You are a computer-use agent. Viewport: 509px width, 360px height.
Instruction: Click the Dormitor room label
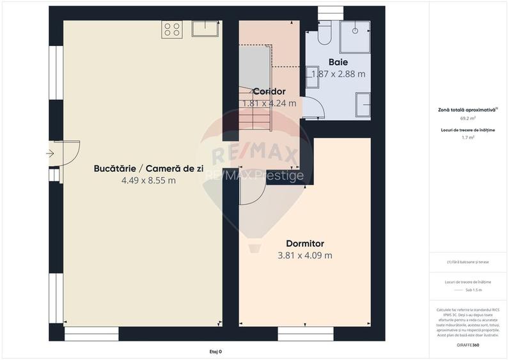click(305, 244)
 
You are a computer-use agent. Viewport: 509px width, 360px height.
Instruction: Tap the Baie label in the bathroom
click(338, 62)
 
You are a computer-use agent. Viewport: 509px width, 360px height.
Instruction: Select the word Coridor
click(269, 91)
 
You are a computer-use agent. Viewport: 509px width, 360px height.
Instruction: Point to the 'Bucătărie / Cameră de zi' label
click(148, 168)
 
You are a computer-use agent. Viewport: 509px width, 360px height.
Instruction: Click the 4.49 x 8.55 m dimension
click(148, 180)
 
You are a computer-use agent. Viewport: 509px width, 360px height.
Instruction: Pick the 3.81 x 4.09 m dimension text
click(305, 256)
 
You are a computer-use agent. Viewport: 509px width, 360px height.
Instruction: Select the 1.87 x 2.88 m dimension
click(338, 74)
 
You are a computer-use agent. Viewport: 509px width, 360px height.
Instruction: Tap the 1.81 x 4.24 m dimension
click(269, 103)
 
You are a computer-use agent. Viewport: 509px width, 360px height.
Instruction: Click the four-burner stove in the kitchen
click(172, 29)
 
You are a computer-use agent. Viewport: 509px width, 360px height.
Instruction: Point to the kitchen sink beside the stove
click(205, 28)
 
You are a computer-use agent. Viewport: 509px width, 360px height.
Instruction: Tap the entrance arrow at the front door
click(51, 153)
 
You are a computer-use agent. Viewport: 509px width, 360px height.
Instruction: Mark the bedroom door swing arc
click(252, 192)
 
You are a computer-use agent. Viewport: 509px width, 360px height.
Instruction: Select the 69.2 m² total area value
click(468, 119)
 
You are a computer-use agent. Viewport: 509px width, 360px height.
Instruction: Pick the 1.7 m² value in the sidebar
click(468, 137)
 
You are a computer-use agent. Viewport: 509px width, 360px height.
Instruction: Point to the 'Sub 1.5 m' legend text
click(473, 290)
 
